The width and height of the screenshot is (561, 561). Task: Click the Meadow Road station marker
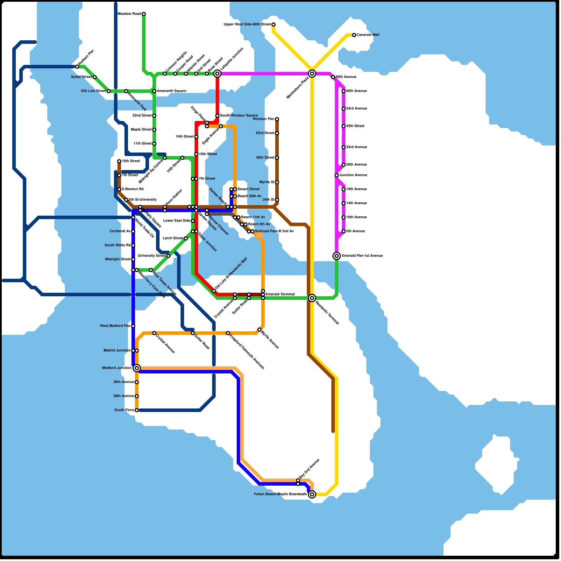(144, 14)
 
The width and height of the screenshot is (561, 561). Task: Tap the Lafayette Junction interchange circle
(217, 74)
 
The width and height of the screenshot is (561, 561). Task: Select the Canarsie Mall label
(368, 35)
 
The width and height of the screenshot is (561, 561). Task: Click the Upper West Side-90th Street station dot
(273, 25)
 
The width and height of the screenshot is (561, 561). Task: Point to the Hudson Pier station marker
(77, 67)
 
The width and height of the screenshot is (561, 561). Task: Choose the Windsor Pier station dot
(277, 119)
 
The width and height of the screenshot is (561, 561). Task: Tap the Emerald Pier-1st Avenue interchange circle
(337, 256)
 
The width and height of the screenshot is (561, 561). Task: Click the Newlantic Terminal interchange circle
(312, 298)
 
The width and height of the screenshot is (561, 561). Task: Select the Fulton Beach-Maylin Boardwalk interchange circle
(312, 494)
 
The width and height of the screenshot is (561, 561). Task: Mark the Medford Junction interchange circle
(137, 368)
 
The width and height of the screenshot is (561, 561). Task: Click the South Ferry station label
(124, 410)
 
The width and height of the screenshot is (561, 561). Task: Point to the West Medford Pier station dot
(133, 326)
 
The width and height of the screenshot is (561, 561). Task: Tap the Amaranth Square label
(171, 91)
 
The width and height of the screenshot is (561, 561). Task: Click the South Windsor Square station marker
(217, 116)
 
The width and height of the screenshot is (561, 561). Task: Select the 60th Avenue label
(356, 91)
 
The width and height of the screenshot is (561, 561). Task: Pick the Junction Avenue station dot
(337, 175)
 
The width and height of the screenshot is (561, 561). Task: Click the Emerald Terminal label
(280, 295)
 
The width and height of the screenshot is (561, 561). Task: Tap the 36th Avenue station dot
(137, 382)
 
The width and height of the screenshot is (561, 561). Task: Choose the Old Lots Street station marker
(109, 91)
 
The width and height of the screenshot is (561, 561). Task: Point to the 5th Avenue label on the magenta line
(356, 231)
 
